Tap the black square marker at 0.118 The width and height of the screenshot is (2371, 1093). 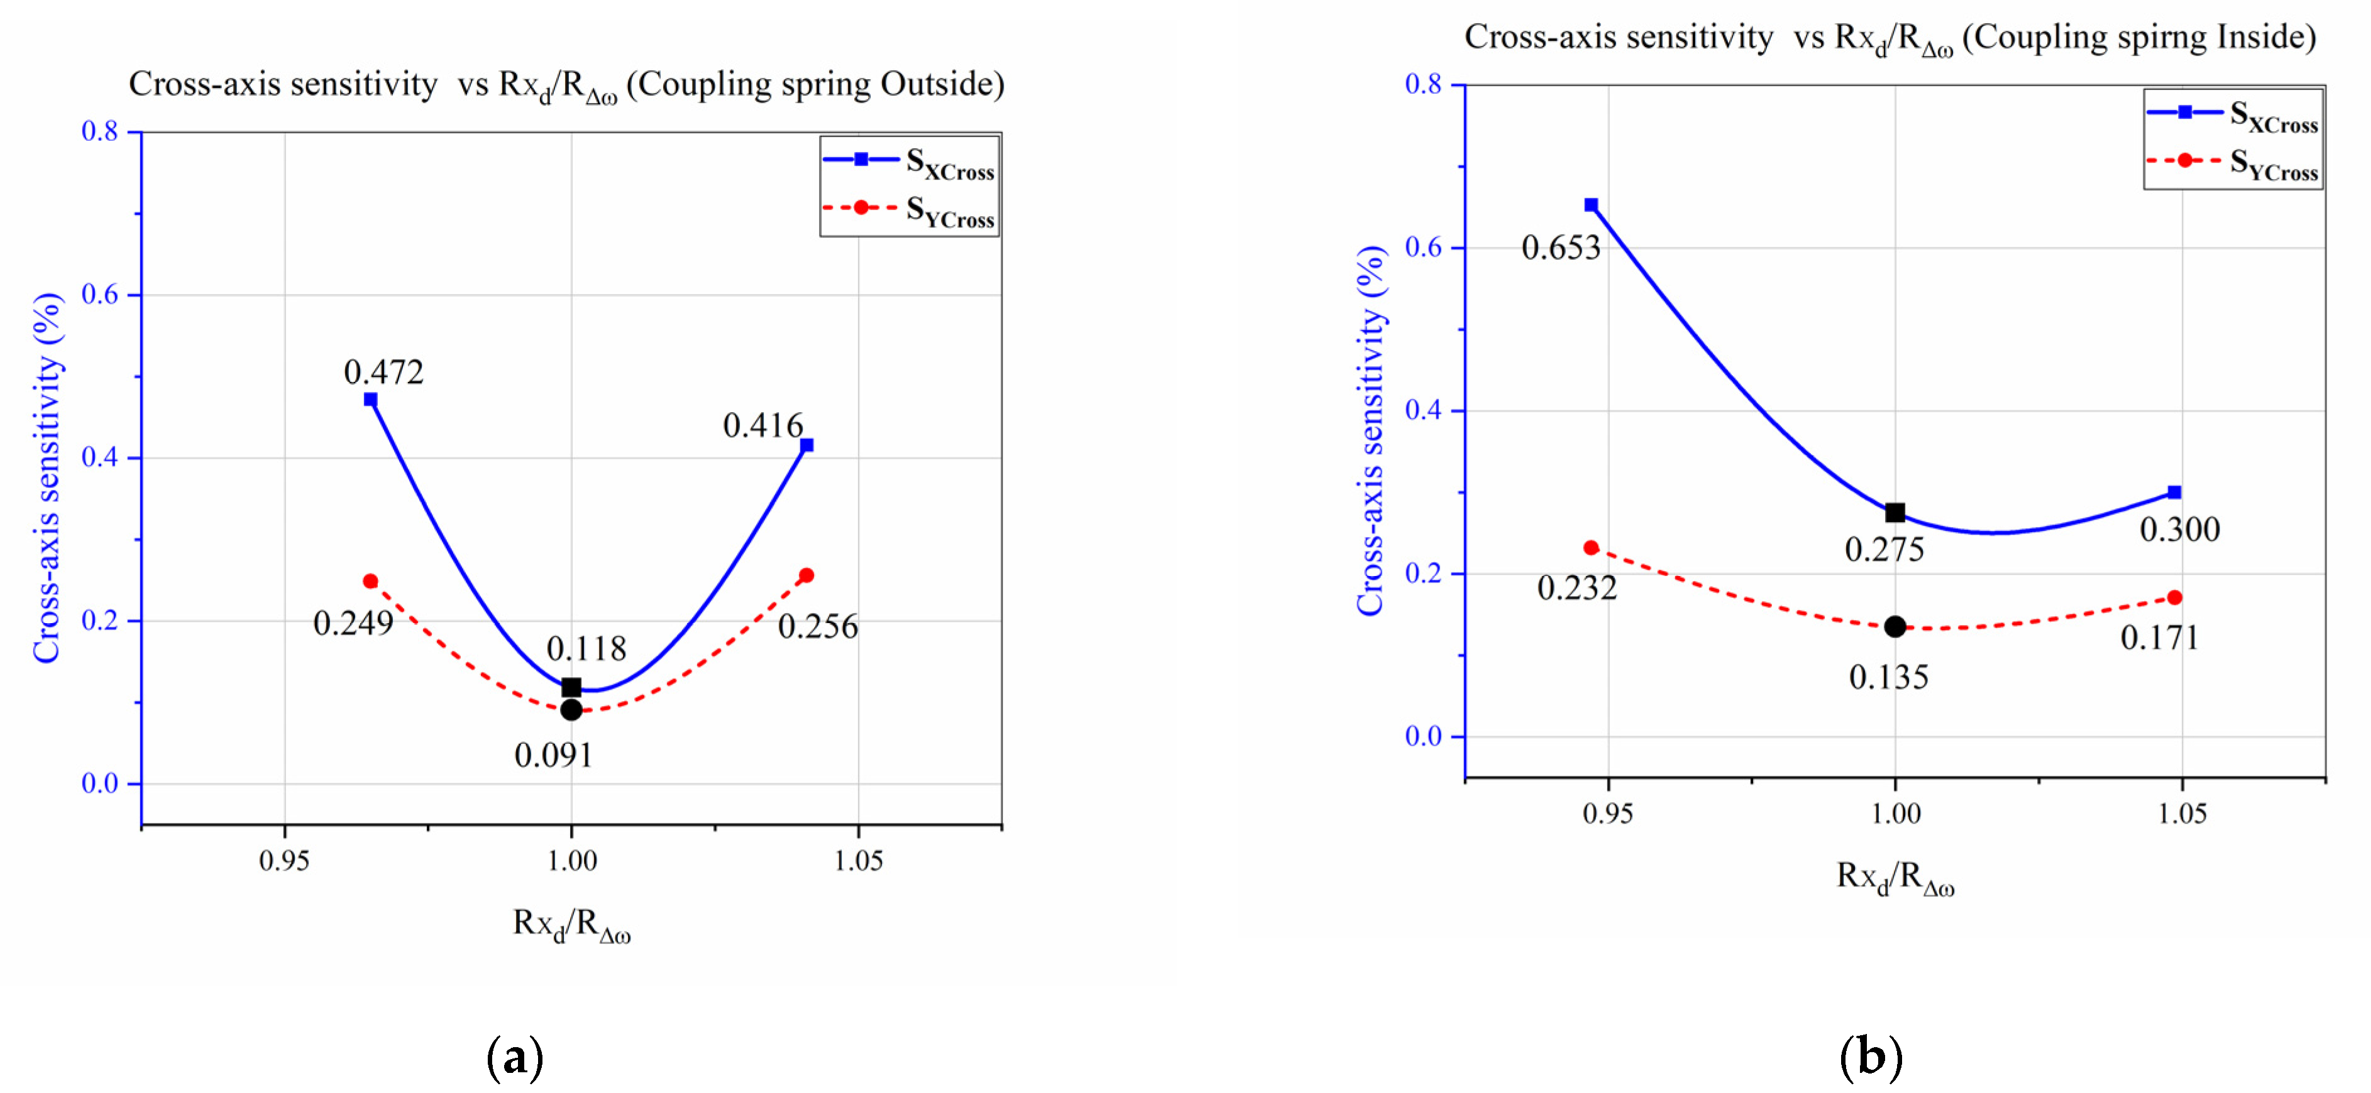(x=571, y=687)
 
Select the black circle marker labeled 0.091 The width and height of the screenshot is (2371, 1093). (x=571, y=709)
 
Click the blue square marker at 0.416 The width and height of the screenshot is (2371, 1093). (x=806, y=445)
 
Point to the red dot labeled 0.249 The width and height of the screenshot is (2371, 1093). (x=370, y=580)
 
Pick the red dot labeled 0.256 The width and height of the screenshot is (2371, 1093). (x=806, y=575)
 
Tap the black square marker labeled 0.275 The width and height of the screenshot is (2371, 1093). (x=1895, y=513)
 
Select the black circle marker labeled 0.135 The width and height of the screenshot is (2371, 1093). (x=1895, y=626)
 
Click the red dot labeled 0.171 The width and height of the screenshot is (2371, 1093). (x=2174, y=597)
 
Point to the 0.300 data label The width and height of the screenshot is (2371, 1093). (x=2179, y=530)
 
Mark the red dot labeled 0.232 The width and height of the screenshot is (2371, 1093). (x=1590, y=547)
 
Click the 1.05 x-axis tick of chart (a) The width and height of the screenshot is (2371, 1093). (x=858, y=860)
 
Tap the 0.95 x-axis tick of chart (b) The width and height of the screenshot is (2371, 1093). (x=1607, y=813)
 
